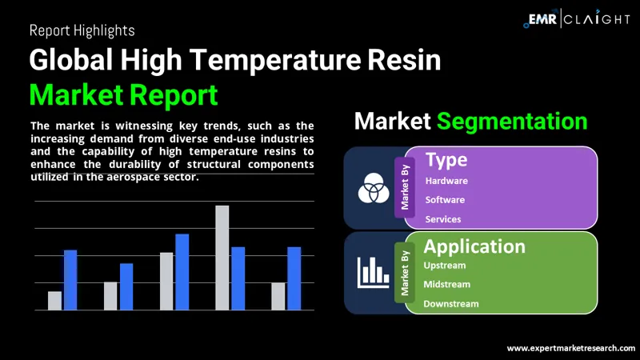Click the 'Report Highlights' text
point(82,30)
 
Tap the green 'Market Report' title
point(123,94)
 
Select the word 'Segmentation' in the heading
point(512,122)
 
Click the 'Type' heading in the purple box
point(446,159)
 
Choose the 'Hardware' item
point(446,181)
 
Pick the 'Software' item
point(445,199)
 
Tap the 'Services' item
point(443,218)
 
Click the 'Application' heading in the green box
point(474,246)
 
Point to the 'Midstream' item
point(446,284)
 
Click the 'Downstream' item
point(450,303)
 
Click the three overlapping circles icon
point(372,189)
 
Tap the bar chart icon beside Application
point(372,273)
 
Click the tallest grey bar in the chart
point(222,258)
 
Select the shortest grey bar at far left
point(54,300)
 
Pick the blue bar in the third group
point(182,272)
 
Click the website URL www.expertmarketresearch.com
point(571,348)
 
